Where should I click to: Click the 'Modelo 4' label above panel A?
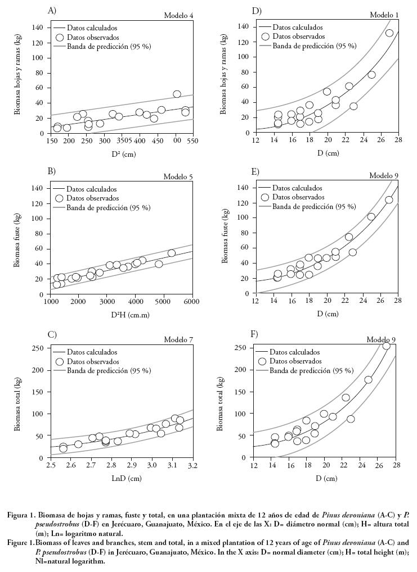178,15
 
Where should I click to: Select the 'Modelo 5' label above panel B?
178,177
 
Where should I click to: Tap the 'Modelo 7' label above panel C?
178,340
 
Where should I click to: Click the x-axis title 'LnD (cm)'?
122,478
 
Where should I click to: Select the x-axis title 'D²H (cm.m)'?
122,316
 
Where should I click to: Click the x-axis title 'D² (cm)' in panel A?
122,154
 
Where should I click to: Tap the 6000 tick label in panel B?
192,302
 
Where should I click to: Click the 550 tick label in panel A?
192,141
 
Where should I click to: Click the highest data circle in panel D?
389,33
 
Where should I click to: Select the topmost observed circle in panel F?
386,346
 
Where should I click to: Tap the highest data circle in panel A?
177,94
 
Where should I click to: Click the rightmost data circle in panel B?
172,253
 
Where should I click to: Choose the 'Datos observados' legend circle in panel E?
264,197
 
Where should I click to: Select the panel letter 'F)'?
254,334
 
